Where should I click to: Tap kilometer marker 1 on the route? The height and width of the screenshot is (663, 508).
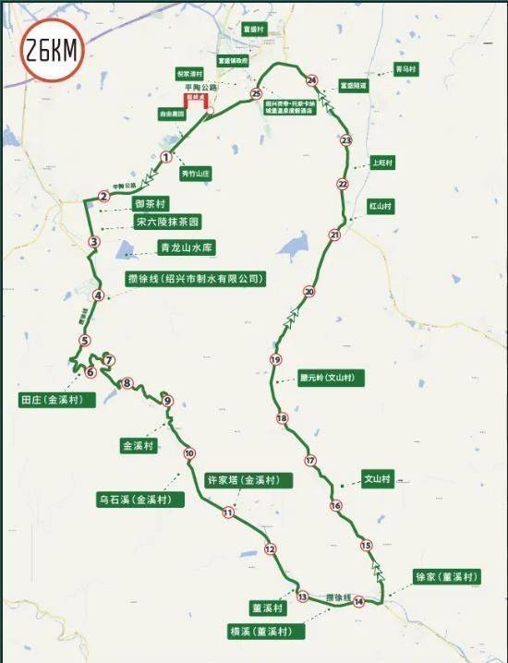point(166,157)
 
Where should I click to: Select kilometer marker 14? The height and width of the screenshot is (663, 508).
point(358,602)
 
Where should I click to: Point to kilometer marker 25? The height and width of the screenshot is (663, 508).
point(256,94)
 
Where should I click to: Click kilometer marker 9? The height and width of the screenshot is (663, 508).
point(167,401)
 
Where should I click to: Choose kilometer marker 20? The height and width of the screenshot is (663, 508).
point(309,292)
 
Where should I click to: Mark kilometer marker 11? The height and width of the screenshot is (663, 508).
point(228,512)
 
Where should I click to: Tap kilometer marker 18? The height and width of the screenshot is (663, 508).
point(282,418)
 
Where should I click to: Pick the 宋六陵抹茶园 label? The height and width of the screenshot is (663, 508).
point(167,222)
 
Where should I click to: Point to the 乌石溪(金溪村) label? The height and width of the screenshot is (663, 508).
point(140,500)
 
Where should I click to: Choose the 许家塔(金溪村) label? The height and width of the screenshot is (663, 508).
point(248,480)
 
